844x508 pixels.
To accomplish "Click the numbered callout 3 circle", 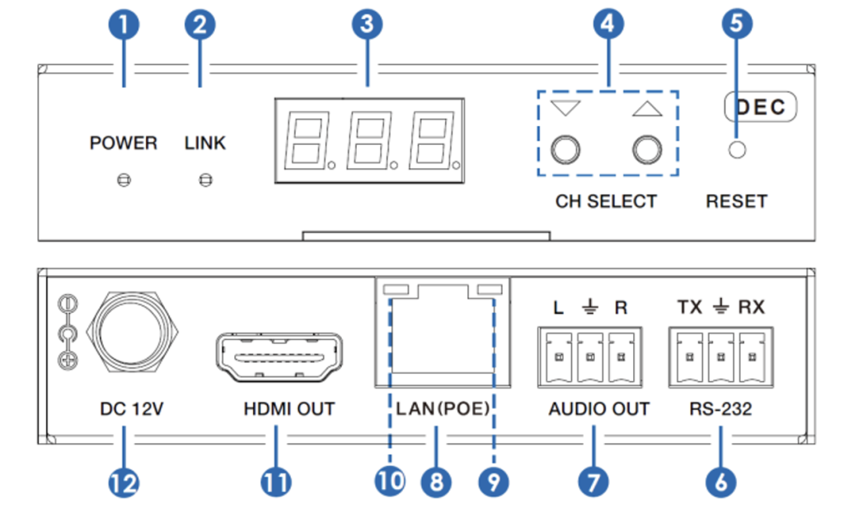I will pyautogui.click(x=367, y=25).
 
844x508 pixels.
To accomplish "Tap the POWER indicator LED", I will pyautogui.click(x=123, y=179).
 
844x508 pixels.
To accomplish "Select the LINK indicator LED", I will pyautogui.click(x=205, y=179).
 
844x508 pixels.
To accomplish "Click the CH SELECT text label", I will pyautogui.click(x=606, y=201).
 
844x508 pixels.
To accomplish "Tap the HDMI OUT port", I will pyautogui.click(x=279, y=359).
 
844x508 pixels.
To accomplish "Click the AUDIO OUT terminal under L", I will pyautogui.click(x=558, y=357).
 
